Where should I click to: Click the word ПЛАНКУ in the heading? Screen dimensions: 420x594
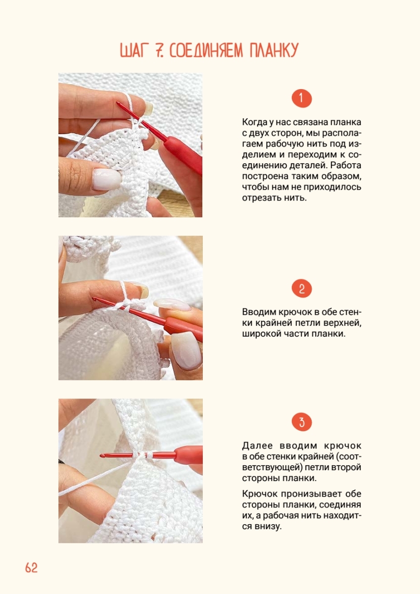pyautogui.click(x=274, y=50)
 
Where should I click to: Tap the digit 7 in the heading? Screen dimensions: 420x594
pyautogui.click(x=158, y=50)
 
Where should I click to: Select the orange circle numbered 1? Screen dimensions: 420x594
pyautogui.click(x=302, y=99)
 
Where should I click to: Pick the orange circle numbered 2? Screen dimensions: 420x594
pyautogui.click(x=302, y=288)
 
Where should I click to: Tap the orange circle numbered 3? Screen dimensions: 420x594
pyautogui.click(x=302, y=422)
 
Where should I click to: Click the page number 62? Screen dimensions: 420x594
pyautogui.click(x=31, y=567)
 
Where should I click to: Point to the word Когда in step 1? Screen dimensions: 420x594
pyautogui.click(x=254, y=122)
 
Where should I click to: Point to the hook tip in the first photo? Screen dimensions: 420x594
pyautogui.click(x=117, y=102)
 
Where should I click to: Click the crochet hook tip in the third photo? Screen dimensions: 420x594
pyautogui.click(x=101, y=455)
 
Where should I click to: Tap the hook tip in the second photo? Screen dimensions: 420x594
pyautogui.click(x=93, y=298)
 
